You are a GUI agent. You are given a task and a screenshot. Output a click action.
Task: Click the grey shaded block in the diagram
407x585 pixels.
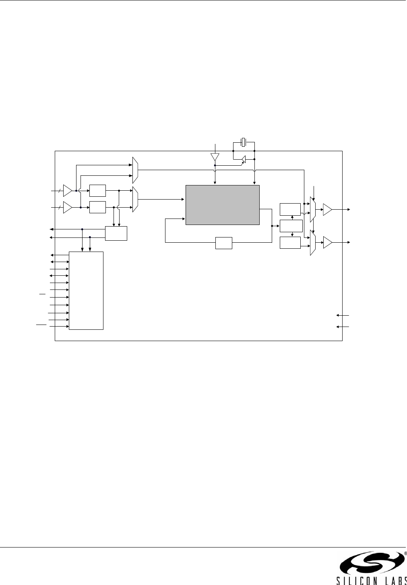(222, 204)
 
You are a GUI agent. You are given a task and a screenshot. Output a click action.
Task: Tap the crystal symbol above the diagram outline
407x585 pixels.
(243, 142)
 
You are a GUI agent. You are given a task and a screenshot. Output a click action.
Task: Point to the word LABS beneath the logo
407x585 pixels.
(392, 580)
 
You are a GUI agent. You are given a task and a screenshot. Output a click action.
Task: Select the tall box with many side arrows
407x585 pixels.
(86, 290)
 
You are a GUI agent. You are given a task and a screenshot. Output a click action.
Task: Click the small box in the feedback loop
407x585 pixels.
(224, 243)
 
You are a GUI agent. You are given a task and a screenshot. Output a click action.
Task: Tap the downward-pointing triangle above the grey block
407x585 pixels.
(215, 157)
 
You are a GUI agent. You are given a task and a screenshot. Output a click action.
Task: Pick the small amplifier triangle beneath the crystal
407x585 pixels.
(244, 160)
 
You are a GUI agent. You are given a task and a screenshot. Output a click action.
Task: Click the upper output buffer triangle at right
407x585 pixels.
(328, 210)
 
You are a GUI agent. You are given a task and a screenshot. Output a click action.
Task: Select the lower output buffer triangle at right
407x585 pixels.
(328, 243)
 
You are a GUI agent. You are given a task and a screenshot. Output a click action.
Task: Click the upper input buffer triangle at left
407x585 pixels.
(68, 190)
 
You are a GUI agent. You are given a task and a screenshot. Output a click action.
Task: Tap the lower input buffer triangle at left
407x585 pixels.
(68, 208)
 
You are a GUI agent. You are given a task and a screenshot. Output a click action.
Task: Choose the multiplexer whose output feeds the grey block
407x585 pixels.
(135, 199)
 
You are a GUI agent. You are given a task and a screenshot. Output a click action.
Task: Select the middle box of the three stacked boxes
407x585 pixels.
(291, 226)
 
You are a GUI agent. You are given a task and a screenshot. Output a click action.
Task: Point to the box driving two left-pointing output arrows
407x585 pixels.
(116, 233)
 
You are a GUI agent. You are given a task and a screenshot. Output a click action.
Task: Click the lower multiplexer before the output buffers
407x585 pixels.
(312, 242)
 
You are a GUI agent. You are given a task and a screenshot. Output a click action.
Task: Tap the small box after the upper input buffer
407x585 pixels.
(97, 190)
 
